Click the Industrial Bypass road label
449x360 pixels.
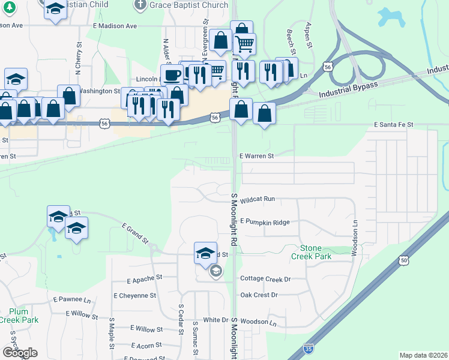pyautogui.click(x=349, y=91)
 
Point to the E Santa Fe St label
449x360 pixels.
pyautogui.click(x=393, y=124)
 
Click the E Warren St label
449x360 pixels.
pyautogui.click(x=256, y=156)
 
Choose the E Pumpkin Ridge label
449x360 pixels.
pyautogui.click(x=265, y=222)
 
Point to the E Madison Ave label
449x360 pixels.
pyautogui.click(x=115, y=26)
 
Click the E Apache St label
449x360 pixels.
pyautogui.click(x=145, y=279)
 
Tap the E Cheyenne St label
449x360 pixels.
pyautogui.click(x=134, y=296)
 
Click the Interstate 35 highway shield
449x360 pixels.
pyautogui.click(x=308, y=347)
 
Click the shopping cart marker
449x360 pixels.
pyautogui.click(x=245, y=43)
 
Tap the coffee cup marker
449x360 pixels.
pyautogui.click(x=172, y=75)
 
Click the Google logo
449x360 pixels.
pyautogui.click(x=20, y=353)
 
